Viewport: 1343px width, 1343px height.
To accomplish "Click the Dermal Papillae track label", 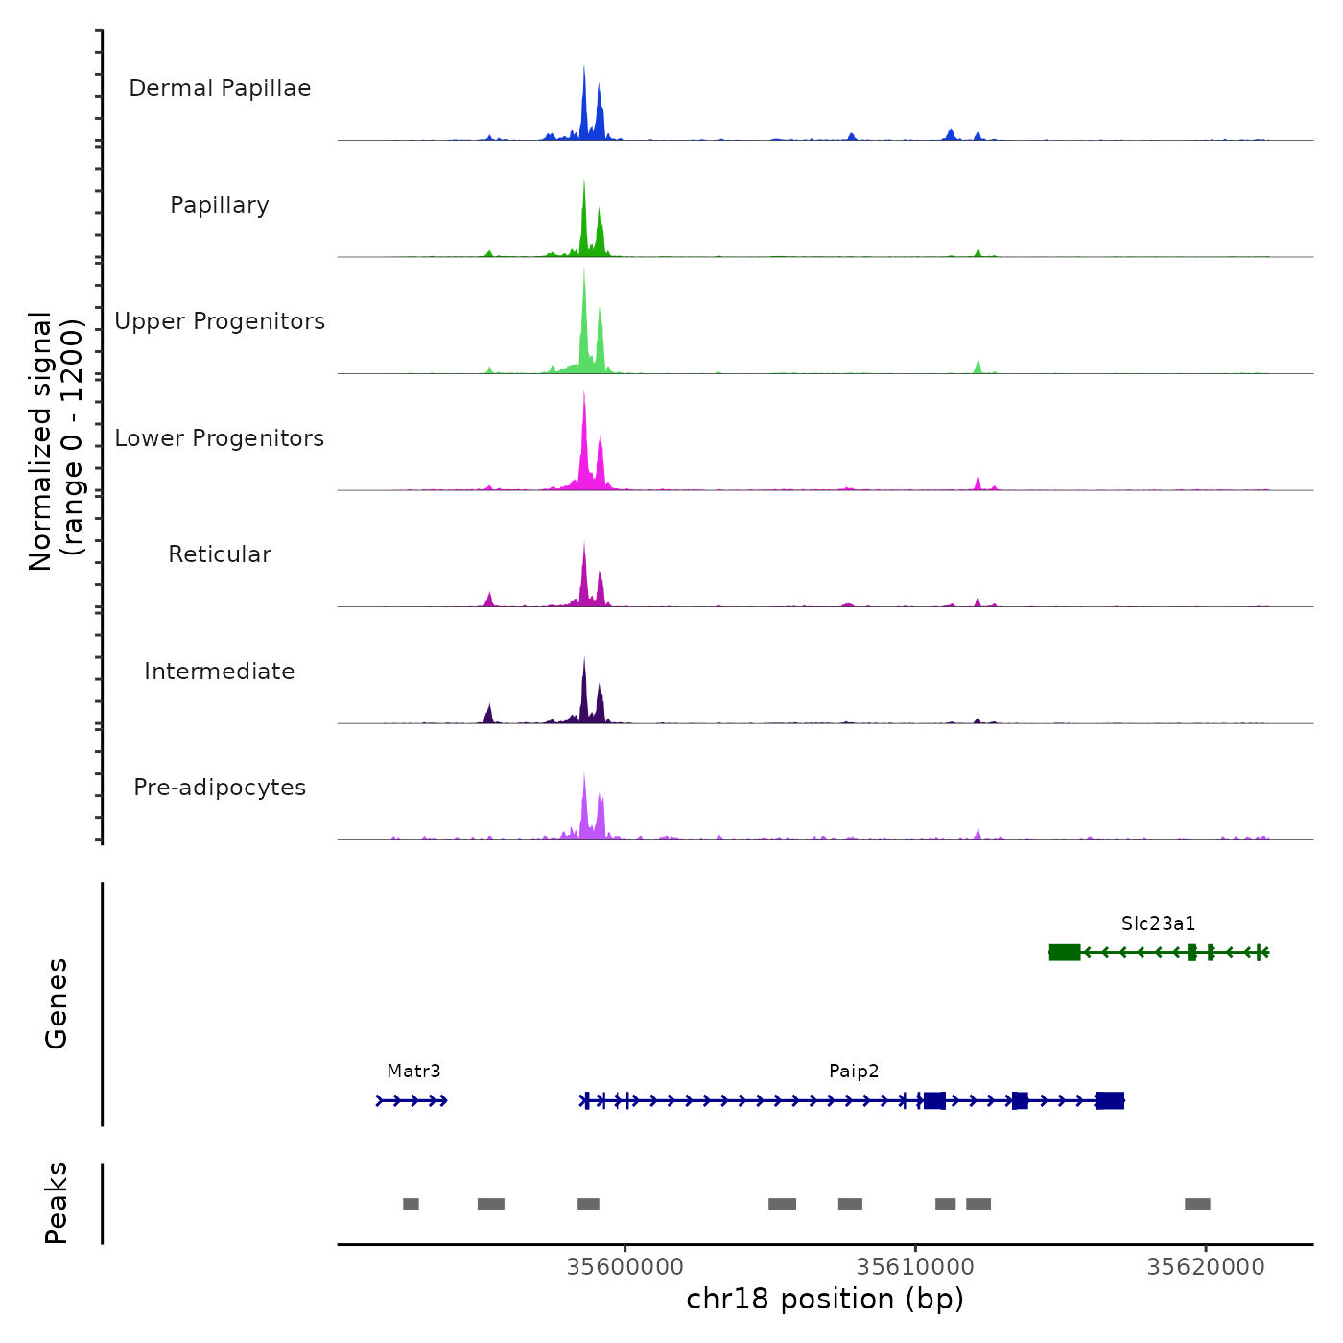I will tap(220, 88).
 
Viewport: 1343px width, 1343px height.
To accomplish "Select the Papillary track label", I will tap(220, 205).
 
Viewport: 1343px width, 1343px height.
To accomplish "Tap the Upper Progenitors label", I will tap(220, 321).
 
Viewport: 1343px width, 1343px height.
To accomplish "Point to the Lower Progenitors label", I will tap(220, 438).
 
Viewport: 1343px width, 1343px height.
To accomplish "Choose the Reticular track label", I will tap(220, 554).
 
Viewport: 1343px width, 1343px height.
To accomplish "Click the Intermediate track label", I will tap(220, 671).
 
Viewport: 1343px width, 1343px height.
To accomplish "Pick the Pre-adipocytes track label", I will tap(220, 788).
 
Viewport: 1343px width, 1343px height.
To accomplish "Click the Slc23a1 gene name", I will tap(1159, 924).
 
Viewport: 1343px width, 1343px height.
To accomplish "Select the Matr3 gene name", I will tap(413, 1072).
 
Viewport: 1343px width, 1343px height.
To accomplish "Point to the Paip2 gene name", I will tap(854, 1072).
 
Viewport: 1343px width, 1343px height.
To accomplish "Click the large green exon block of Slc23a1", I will tap(1065, 952).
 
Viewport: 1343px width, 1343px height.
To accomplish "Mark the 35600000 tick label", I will tap(625, 1267).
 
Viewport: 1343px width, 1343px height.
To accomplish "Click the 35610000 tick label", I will tap(915, 1267).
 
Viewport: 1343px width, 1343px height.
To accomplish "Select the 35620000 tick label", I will tap(1206, 1267).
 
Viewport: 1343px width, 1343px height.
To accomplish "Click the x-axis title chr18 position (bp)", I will tap(825, 1300).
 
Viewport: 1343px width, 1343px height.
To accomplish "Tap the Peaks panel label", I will tap(57, 1203).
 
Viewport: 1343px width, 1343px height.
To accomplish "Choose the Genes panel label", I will tap(57, 1003).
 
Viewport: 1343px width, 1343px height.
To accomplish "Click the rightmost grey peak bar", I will tap(1197, 1204).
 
